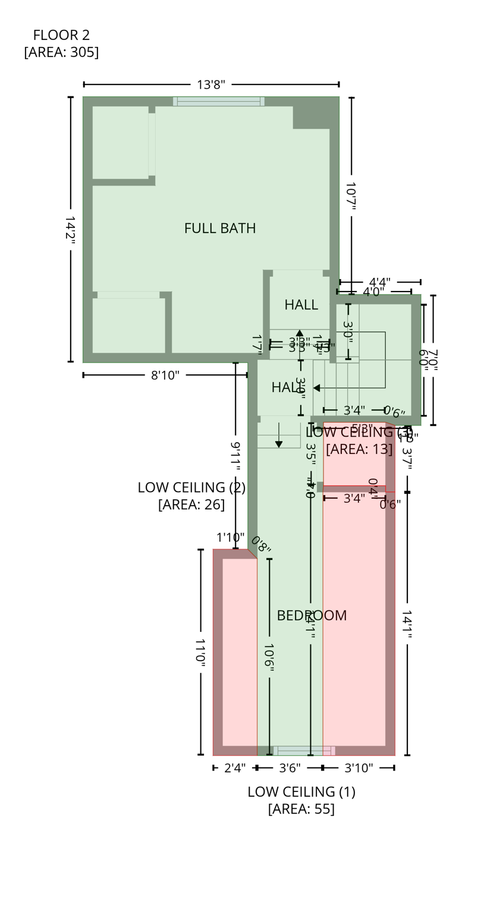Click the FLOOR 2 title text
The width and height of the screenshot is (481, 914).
tap(61, 35)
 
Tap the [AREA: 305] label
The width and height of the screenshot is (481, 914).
tap(61, 52)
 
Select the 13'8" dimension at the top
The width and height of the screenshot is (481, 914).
tap(211, 84)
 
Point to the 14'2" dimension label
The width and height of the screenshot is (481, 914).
tap(70, 228)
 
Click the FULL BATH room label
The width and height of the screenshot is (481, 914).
tap(220, 228)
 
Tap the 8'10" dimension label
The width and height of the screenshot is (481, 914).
tap(165, 375)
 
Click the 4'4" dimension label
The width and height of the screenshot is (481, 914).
tap(379, 282)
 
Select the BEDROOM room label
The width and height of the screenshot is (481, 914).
tap(312, 616)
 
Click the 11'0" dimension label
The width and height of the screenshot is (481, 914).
tap(200, 652)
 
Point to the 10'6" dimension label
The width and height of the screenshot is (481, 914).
tap(269, 658)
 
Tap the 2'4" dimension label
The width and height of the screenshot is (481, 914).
tap(235, 768)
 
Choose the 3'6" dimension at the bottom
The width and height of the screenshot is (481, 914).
tap(290, 768)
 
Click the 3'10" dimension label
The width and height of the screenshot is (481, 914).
tap(359, 768)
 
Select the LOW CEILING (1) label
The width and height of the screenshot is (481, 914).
tap(301, 792)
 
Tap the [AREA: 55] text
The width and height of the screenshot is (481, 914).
tap(301, 809)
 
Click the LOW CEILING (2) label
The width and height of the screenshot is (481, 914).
tap(191, 487)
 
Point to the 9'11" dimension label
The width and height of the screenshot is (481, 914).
tap(235, 456)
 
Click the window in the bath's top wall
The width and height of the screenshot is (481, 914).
tap(219, 102)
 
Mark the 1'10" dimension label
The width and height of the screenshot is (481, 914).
tap(230, 538)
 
